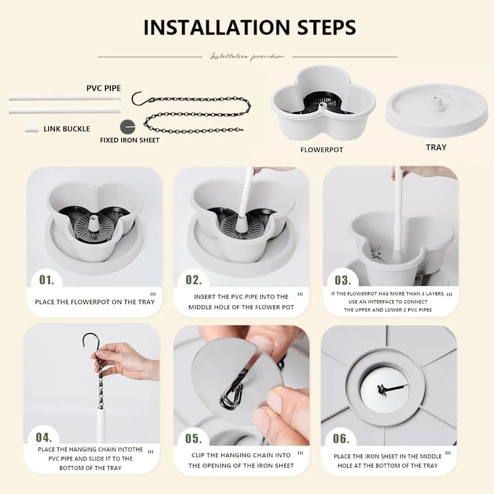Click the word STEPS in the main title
tap(326, 27)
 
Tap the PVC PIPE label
tap(103, 88)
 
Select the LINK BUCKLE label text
tap(67, 129)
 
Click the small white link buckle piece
tap(32, 129)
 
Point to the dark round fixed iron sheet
tap(127, 126)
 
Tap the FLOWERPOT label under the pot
tap(321, 150)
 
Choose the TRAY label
tap(436, 147)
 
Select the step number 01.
tap(46, 280)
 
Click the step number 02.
tap(193, 280)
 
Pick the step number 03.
tap(343, 280)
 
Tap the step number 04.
tap(43, 437)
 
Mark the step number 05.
tap(193, 438)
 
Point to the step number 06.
tap(341, 438)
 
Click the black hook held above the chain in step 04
tap(89, 341)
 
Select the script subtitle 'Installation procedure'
tap(247, 57)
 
